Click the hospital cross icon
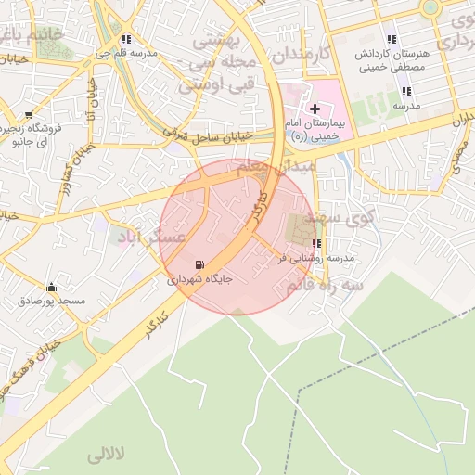pyautogui.click(x=315, y=109)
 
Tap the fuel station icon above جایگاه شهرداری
pyautogui.click(x=200, y=264)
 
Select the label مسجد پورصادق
pyautogui.click(x=52, y=301)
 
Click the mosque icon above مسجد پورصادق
pyautogui.click(x=51, y=287)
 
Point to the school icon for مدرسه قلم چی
pyautogui.click(x=126, y=40)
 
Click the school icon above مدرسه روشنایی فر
pyautogui.click(x=317, y=244)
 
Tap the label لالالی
pyautogui.click(x=105, y=456)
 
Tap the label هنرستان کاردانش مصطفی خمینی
pyautogui.click(x=392, y=60)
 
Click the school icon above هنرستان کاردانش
pyautogui.click(x=392, y=39)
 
